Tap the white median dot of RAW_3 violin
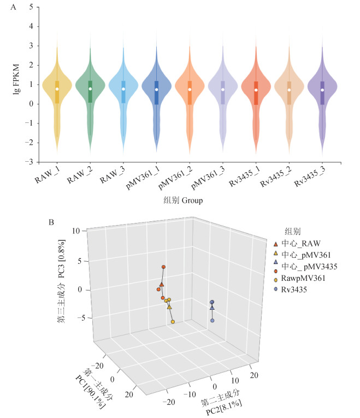point(123,89)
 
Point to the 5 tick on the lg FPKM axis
point(32,7)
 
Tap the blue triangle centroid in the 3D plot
point(212,308)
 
